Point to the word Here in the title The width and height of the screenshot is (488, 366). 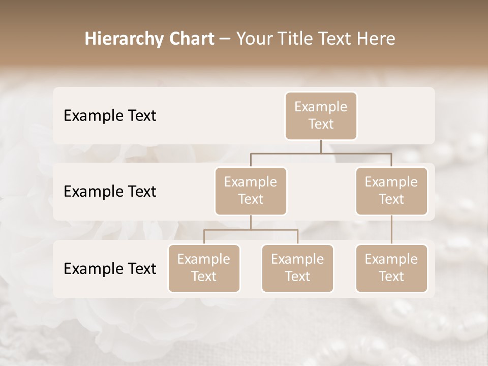point(377,39)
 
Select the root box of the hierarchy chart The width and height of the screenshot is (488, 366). point(321,115)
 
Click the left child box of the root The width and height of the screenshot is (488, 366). point(251,191)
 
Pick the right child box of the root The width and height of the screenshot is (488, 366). point(391,191)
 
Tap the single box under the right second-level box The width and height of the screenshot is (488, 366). point(391,268)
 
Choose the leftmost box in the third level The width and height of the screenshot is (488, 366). point(204,268)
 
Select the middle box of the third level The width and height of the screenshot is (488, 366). point(297,268)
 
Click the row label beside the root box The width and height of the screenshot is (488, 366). point(110,115)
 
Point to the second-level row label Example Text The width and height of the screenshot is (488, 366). point(110,191)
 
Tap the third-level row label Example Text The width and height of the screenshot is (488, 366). point(110,268)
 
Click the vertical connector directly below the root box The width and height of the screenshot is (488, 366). point(321,146)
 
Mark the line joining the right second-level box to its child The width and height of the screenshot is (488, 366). point(391,230)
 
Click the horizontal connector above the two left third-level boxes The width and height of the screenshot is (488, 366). point(251,230)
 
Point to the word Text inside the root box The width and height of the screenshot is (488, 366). point(321,124)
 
